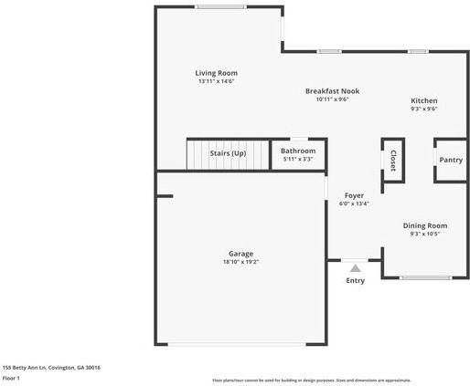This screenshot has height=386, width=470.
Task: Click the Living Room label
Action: (x=216, y=73)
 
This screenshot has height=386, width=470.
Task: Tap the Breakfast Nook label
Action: (x=332, y=91)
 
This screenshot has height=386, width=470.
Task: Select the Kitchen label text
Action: (x=423, y=100)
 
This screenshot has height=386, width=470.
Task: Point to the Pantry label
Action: (x=451, y=160)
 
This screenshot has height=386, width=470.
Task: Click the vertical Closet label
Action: (x=393, y=160)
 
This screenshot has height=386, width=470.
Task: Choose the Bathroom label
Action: (x=298, y=151)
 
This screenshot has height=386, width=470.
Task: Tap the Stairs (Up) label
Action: (x=228, y=153)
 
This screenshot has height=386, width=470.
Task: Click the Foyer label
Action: (x=354, y=195)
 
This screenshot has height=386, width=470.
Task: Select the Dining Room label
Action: (x=425, y=225)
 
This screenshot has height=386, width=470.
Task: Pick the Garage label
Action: (x=241, y=254)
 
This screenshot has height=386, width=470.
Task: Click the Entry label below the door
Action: (x=355, y=280)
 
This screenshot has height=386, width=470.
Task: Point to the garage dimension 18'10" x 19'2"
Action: (x=241, y=263)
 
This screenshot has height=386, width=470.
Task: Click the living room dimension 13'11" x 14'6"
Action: (x=216, y=81)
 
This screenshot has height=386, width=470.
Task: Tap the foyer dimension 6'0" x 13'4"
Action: (x=354, y=203)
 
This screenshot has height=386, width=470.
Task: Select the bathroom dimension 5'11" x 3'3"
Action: (x=298, y=160)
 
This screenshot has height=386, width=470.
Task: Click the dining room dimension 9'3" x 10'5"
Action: (x=425, y=234)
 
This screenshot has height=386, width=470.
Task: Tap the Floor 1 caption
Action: (x=11, y=377)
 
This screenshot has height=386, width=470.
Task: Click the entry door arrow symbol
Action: (x=355, y=268)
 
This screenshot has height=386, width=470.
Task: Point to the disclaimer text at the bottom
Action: (x=311, y=380)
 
